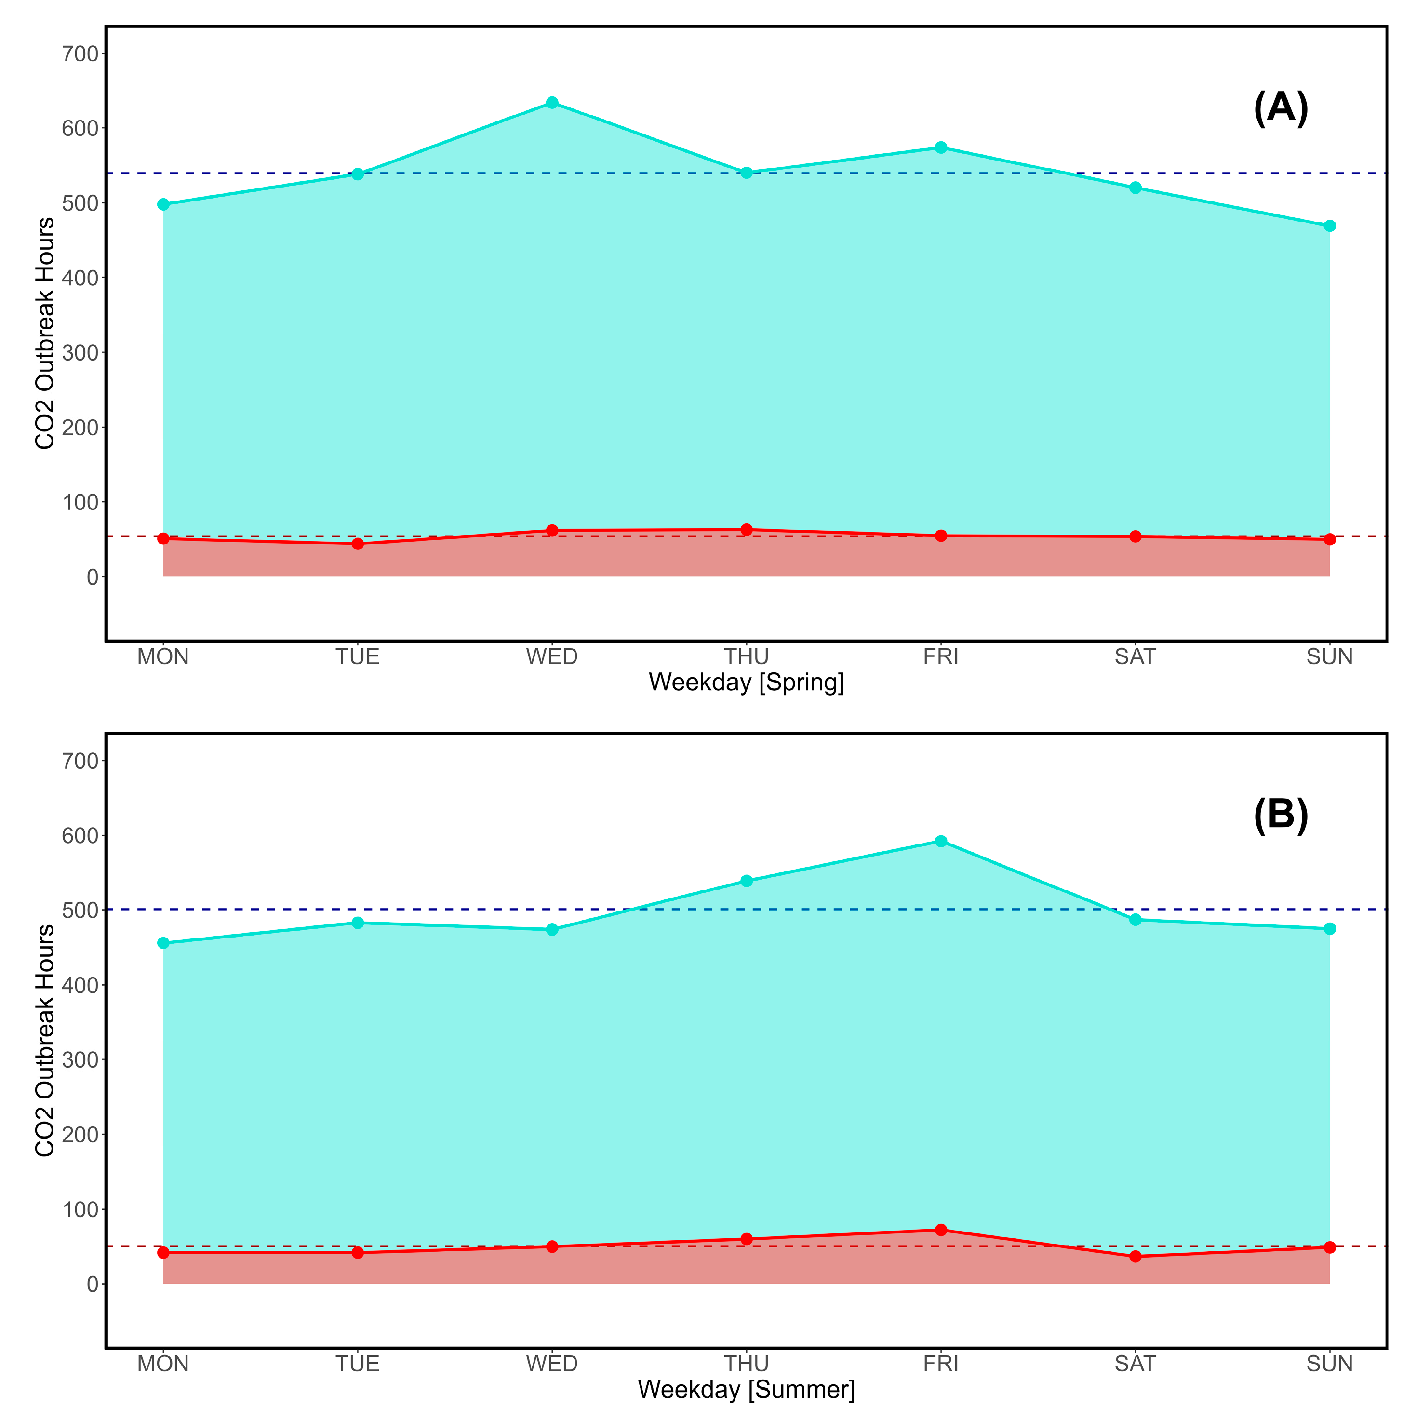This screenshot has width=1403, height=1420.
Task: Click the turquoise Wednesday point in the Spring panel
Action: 552,103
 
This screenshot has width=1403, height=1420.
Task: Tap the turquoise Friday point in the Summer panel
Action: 941,841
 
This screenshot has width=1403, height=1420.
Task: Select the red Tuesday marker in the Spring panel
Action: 358,544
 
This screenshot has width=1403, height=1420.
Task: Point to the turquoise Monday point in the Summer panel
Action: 163,943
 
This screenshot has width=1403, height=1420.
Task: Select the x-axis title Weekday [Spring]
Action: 746,682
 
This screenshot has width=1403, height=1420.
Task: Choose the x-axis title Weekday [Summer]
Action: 746,1389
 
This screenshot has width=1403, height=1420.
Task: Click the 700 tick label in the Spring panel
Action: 80,54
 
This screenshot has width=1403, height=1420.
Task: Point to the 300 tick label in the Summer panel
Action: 80,1060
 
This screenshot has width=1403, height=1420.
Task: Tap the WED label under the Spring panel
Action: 552,656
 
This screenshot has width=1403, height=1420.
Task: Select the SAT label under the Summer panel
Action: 1136,1364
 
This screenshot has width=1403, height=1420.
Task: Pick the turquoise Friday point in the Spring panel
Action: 941,147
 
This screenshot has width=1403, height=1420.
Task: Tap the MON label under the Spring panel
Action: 163,656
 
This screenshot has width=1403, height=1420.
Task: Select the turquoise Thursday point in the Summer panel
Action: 747,881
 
